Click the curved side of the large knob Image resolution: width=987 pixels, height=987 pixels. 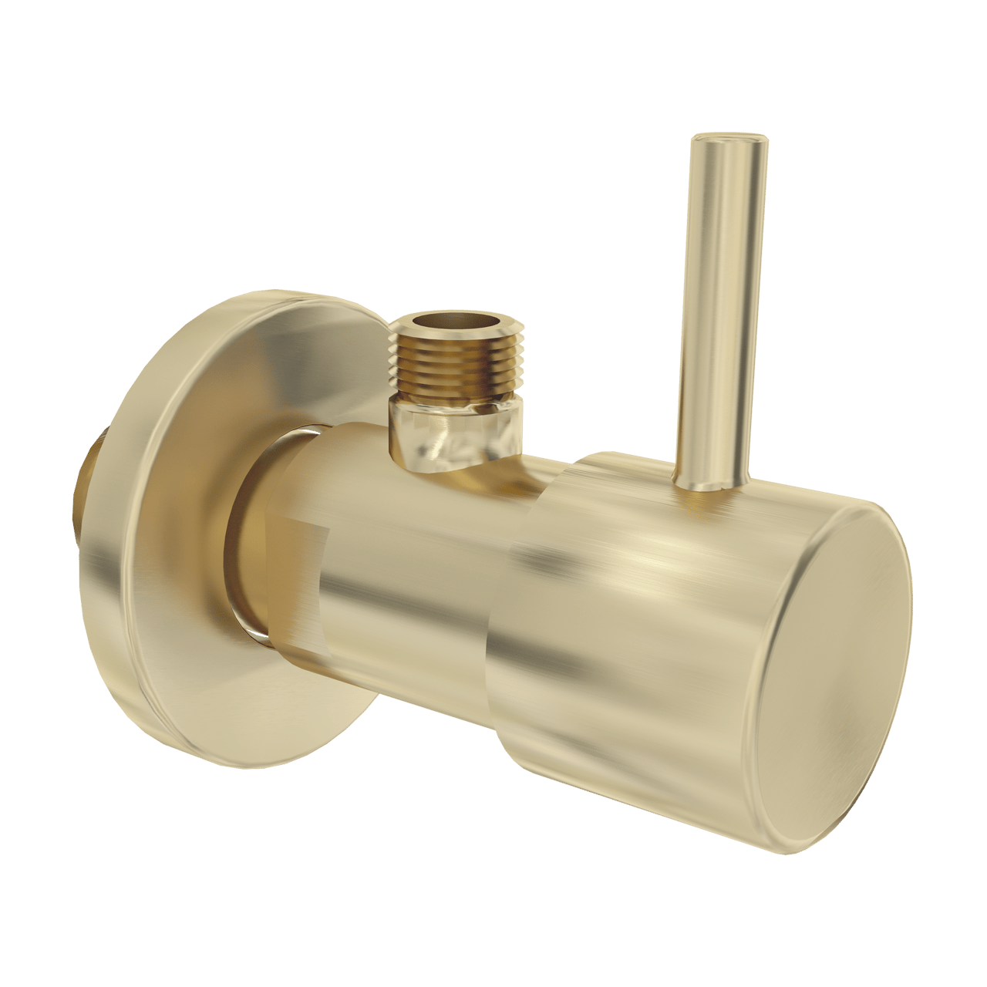click(x=640, y=601)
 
